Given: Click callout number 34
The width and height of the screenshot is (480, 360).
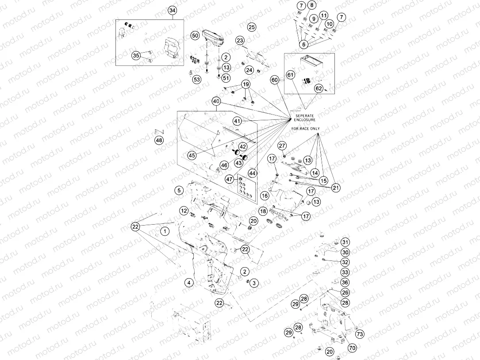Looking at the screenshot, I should click(x=173, y=11).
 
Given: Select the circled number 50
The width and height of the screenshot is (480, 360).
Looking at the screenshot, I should click(x=195, y=35).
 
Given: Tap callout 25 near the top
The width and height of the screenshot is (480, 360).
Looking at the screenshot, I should click(x=252, y=27).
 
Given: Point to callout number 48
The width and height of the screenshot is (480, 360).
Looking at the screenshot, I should click(x=159, y=141).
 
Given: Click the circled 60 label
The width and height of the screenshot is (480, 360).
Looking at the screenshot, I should click(x=275, y=80).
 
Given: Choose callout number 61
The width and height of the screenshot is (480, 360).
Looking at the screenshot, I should click(x=290, y=75).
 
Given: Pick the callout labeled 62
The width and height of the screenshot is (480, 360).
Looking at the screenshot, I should click(x=319, y=88).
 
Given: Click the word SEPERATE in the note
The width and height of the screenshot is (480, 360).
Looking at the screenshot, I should click(x=303, y=115).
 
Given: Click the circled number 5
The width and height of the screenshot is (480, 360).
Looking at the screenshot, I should click(x=179, y=191).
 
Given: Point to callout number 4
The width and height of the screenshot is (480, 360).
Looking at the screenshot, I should click(x=189, y=282).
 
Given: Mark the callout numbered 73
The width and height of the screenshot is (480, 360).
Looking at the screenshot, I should click(x=360, y=334).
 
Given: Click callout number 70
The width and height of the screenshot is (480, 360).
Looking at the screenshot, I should click(x=352, y=348).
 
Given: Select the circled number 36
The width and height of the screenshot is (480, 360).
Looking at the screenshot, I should click(x=345, y=282).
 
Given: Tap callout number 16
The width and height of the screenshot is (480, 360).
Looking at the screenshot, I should click(x=265, y=195).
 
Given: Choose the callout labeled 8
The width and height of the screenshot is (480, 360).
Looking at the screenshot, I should click(x=312, y=5).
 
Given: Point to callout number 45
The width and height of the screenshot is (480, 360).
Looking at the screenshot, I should click(x=192, y=155).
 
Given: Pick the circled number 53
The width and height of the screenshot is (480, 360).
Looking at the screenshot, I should click(x=196, y=80).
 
